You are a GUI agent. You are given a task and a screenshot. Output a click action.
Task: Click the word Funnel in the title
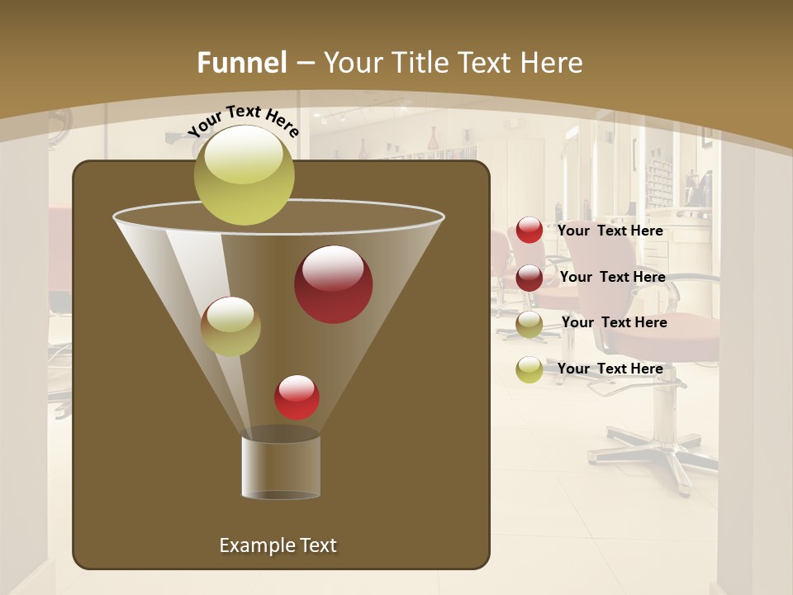241,63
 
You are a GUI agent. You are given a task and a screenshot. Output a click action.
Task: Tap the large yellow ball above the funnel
245,174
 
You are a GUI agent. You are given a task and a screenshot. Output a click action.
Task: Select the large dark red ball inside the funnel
334,284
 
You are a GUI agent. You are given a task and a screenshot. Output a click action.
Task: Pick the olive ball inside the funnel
230,326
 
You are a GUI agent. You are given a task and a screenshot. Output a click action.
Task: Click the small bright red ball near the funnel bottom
297,397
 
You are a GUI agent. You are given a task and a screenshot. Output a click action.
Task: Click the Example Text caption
278,545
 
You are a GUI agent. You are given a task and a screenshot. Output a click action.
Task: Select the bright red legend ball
529,231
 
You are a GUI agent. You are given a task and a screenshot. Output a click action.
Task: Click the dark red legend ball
529,278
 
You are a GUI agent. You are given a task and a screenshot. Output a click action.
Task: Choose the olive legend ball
529,324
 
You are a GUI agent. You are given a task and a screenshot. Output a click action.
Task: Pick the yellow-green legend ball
529,369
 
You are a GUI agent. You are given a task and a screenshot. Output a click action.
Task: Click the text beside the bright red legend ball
610,231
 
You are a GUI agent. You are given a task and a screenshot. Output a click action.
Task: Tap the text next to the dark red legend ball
612,277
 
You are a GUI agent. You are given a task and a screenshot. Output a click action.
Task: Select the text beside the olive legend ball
614,322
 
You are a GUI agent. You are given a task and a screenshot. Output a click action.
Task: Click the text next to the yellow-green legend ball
610,369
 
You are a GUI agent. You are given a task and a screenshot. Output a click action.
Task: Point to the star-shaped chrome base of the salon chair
661,450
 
